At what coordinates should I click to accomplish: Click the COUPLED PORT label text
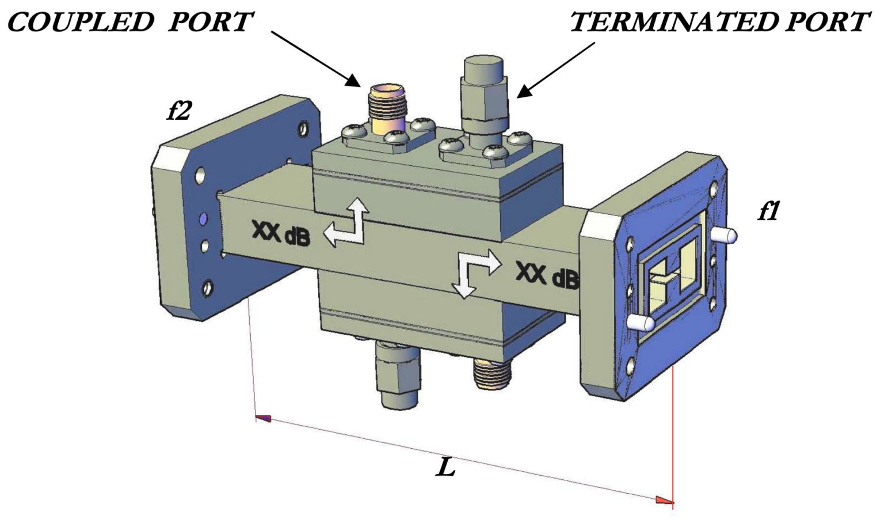coord(130,22)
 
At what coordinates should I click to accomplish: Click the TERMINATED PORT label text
coord(719,22)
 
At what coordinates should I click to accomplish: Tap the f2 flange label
coord(178,111)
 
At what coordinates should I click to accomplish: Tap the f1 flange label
coord(768,212)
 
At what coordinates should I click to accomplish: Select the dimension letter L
coord(445,468)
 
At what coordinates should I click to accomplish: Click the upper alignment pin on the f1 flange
coord(723,235)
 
